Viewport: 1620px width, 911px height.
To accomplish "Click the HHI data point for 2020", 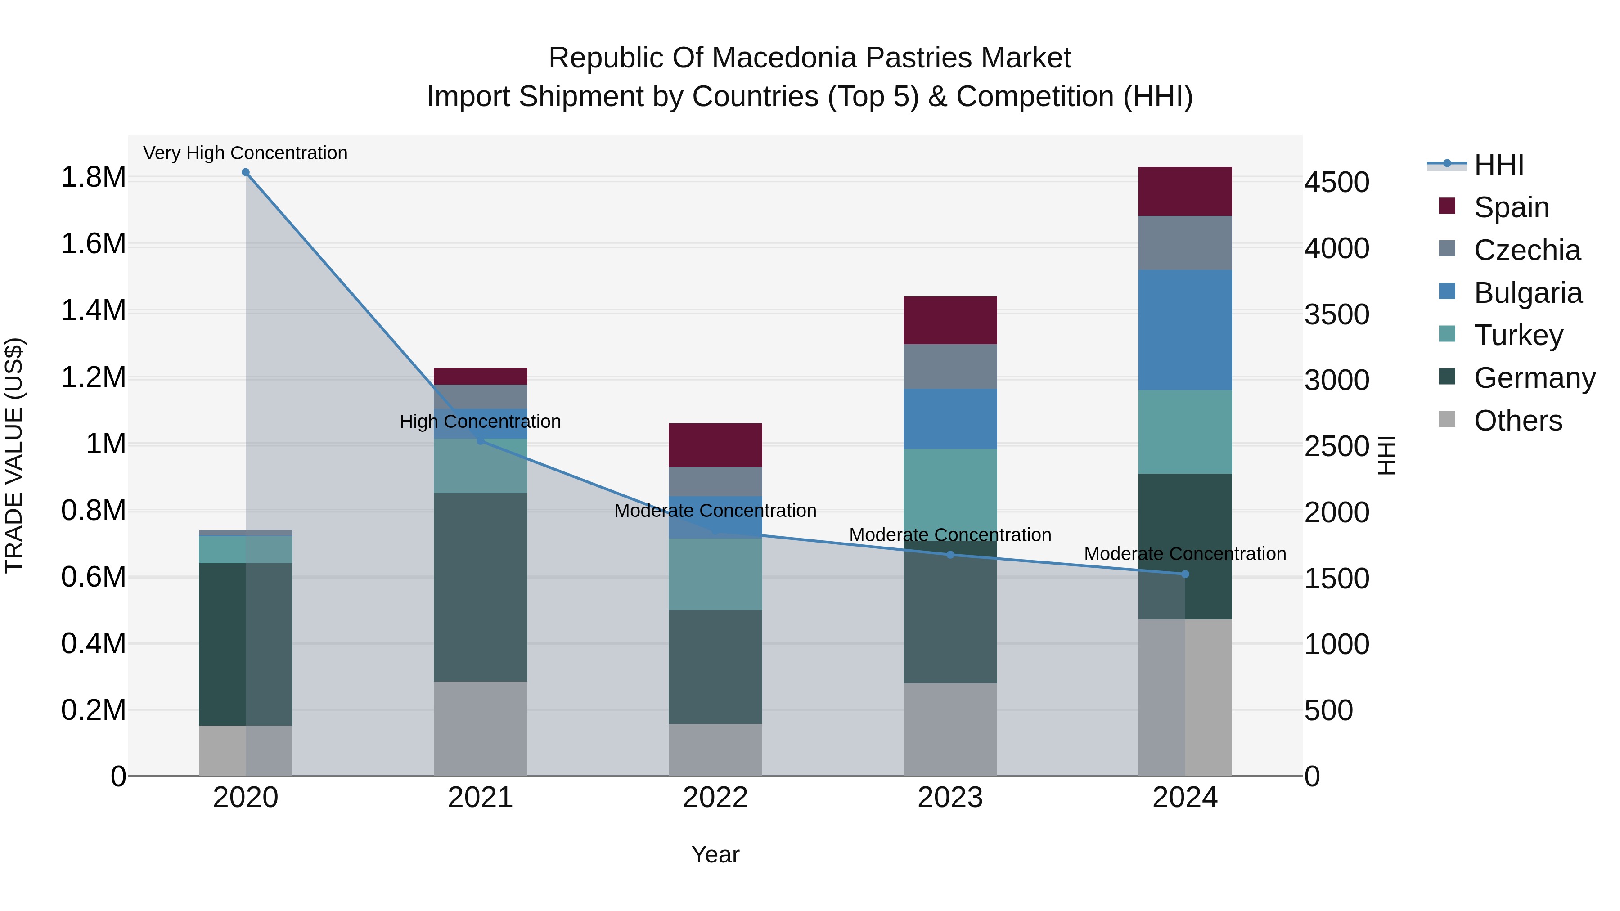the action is pos(246,172).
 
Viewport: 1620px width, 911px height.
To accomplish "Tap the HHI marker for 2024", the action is pos(1185,574).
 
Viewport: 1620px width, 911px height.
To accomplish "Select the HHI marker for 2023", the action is pos(950,555).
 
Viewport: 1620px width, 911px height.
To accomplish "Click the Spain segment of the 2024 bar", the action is pos(1185,192).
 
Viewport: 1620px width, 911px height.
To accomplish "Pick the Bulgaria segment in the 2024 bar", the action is pos(1185,330).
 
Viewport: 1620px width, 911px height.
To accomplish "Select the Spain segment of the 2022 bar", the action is pos(715,445).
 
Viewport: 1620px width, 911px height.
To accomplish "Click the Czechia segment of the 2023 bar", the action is pos(950,367).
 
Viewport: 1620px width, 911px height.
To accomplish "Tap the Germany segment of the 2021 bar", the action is pos(481,587).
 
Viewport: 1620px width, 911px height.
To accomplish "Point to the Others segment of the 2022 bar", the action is pos(715,749).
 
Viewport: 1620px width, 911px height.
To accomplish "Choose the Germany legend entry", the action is pos(1517,378).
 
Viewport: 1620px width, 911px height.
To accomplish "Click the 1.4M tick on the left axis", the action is pos(94,310).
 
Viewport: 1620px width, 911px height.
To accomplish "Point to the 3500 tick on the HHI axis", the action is pos(1337,314).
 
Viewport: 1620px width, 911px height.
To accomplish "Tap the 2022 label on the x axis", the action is pos(715,798).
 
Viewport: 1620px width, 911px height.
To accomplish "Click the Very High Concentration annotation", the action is pos(245,153).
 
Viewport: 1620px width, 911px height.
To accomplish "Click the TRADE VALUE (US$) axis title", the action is pos(14,455).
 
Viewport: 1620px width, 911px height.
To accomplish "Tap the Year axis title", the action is pos(715,854).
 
